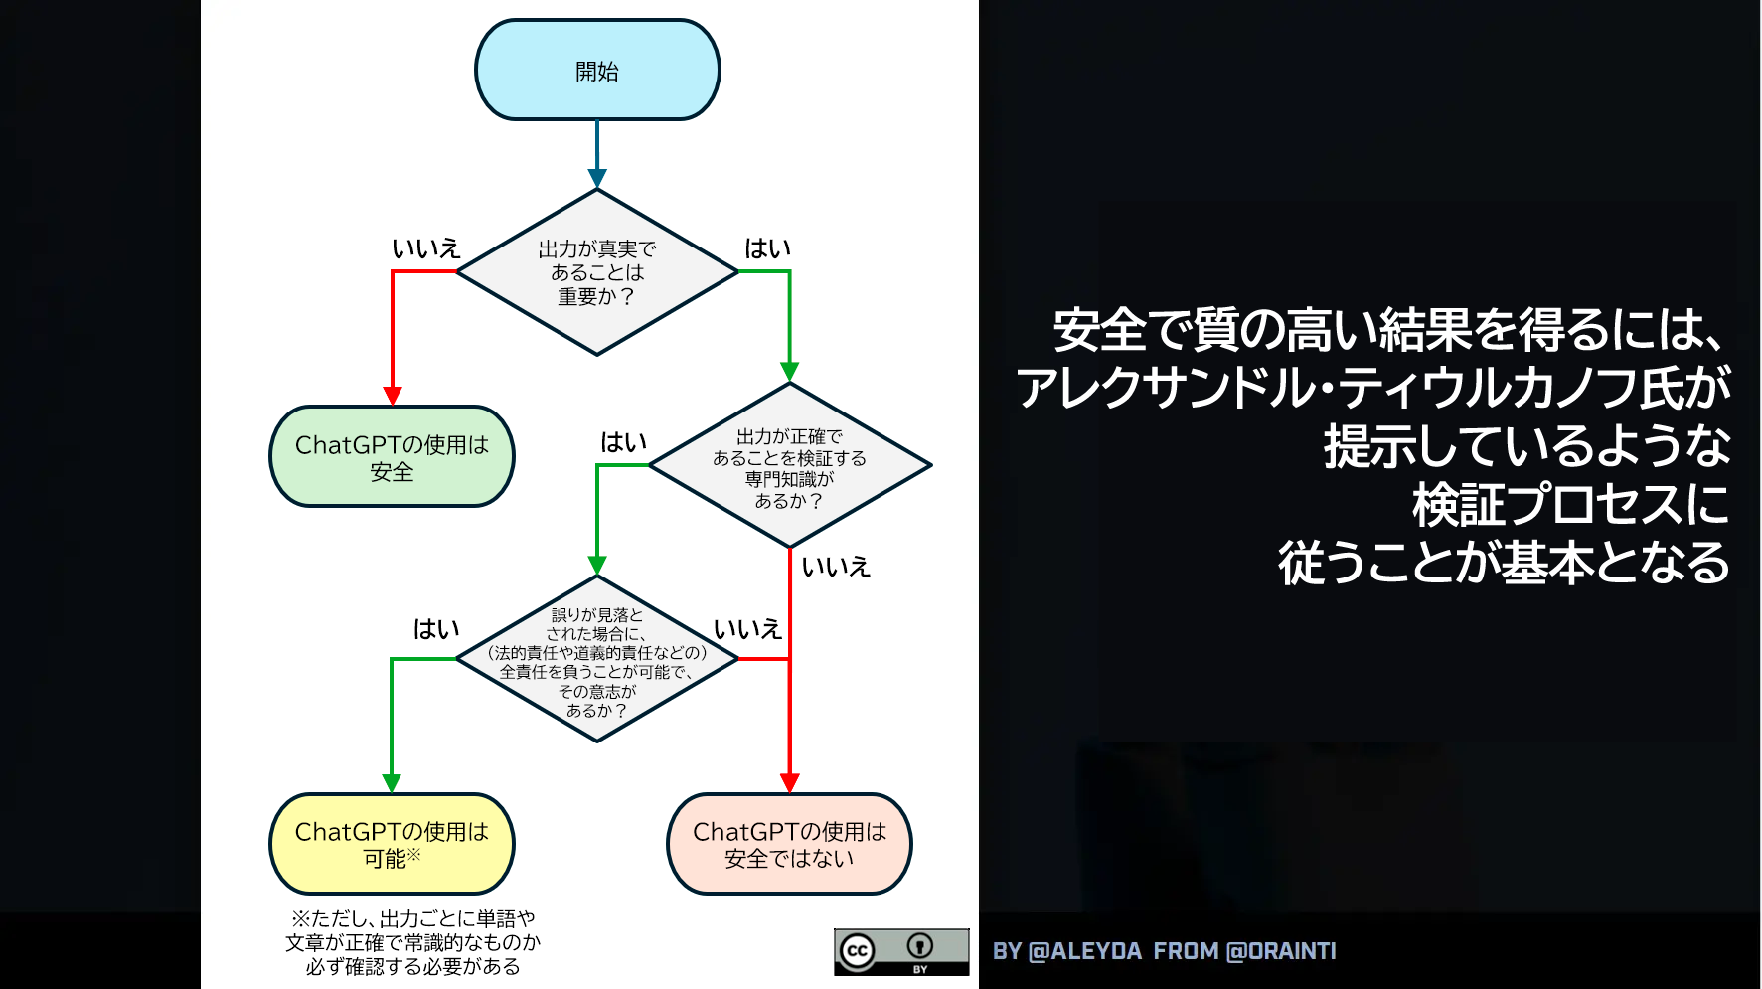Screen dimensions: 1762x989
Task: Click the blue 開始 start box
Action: [x=597, y=70]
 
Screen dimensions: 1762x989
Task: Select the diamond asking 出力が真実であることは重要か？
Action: [x=597, y=271]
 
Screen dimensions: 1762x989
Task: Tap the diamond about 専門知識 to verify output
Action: [x=790, y=465]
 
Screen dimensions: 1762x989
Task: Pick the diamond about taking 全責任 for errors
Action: [x=597, y=659]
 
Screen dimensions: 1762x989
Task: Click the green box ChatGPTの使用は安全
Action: [x=392, y=456]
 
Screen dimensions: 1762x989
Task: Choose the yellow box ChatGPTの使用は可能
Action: [x=392, y=844]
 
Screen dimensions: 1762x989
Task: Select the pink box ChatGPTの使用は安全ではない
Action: [x=789, y=844]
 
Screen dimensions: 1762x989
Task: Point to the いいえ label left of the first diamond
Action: [x=426, y=248]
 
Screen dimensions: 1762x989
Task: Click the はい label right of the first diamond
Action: [x=768, y=248]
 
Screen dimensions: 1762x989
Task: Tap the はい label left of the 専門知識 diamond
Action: [x=624, y=442]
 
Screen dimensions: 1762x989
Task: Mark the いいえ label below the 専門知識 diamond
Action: [x=836, y=567]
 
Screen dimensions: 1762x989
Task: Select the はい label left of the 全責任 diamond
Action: [x=436, y=629]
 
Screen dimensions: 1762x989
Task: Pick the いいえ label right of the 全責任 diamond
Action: [x=748, y=629]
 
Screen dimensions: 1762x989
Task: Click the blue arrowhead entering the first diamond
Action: [x=597, y=179]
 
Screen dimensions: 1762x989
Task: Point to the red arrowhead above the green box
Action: [x=393, y=396]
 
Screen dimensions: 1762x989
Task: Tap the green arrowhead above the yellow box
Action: [x=392, y=783]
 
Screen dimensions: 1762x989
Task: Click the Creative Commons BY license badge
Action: [x=901, y=952]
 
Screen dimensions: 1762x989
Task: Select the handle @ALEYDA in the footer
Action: [x=1085, y=951]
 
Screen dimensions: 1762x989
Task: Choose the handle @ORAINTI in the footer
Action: [x=1282, y=951]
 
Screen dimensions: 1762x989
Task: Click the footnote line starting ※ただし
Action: [x=412, y=918]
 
